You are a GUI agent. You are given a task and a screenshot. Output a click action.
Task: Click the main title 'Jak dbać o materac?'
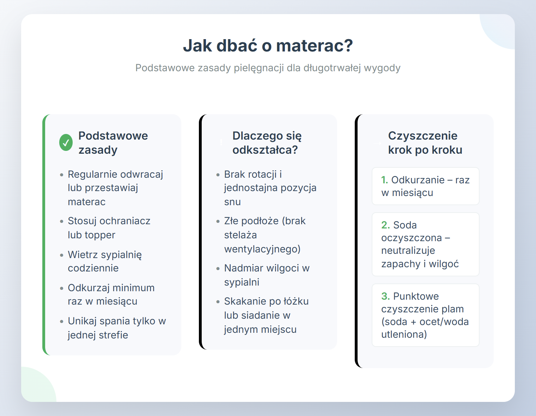pyautogui.click(x=268, y=46)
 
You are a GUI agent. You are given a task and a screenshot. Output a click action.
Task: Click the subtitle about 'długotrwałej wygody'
pyautogui.click(x=268, y=68)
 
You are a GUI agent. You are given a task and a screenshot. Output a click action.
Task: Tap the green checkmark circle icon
pyautogui.click(x=66, y=143)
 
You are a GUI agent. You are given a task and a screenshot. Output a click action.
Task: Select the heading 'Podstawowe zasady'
pyautogui.click(x=113, y=143)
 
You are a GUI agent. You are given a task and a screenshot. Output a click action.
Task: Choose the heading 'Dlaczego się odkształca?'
pyautogui.click(x=267, y=143)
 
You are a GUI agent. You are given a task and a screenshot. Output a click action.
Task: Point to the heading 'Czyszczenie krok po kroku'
pyautogui.click(x=425, y=143)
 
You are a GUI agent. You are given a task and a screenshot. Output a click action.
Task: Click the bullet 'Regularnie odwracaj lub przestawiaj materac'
pyautogui.click(x=115, y=188)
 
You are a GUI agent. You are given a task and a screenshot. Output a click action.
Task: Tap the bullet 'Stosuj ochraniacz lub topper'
pyautogui.click(x=109, y=228)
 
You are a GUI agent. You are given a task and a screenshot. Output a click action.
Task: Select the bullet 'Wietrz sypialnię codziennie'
pyautogui.click(x=105, y=261)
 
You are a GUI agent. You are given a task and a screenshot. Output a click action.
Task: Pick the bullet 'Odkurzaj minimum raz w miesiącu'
pyautogui.click(x=111, y=294)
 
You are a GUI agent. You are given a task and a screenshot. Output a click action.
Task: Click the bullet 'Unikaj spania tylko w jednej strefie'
pyautogui.click(x=117, y=328)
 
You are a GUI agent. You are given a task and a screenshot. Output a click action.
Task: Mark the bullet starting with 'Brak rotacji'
pyautogui.click(x=270, y=188)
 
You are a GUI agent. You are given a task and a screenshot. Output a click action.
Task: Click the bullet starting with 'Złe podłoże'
pyautogui.click(x=265, y=235)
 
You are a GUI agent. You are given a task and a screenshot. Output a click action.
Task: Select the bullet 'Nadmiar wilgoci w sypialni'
pyautogui.click(x=267, y=275)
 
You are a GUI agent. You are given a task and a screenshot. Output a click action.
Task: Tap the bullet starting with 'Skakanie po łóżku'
pyautogui.click(x=266, y=315)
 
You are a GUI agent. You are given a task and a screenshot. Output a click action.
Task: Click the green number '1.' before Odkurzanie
pyautogui.click(x=385, y=180)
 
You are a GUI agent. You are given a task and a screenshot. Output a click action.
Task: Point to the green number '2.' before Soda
pyautogui.click(x=385, y=225)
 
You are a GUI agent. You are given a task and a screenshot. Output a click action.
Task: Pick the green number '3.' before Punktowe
pyautogui.click(x=385, y=296)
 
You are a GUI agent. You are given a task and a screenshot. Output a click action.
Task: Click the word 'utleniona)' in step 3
pyautogui.click(x=404, y=335)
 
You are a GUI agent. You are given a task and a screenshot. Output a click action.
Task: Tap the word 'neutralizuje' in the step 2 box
pyautogui.click(x=408, y=251)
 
